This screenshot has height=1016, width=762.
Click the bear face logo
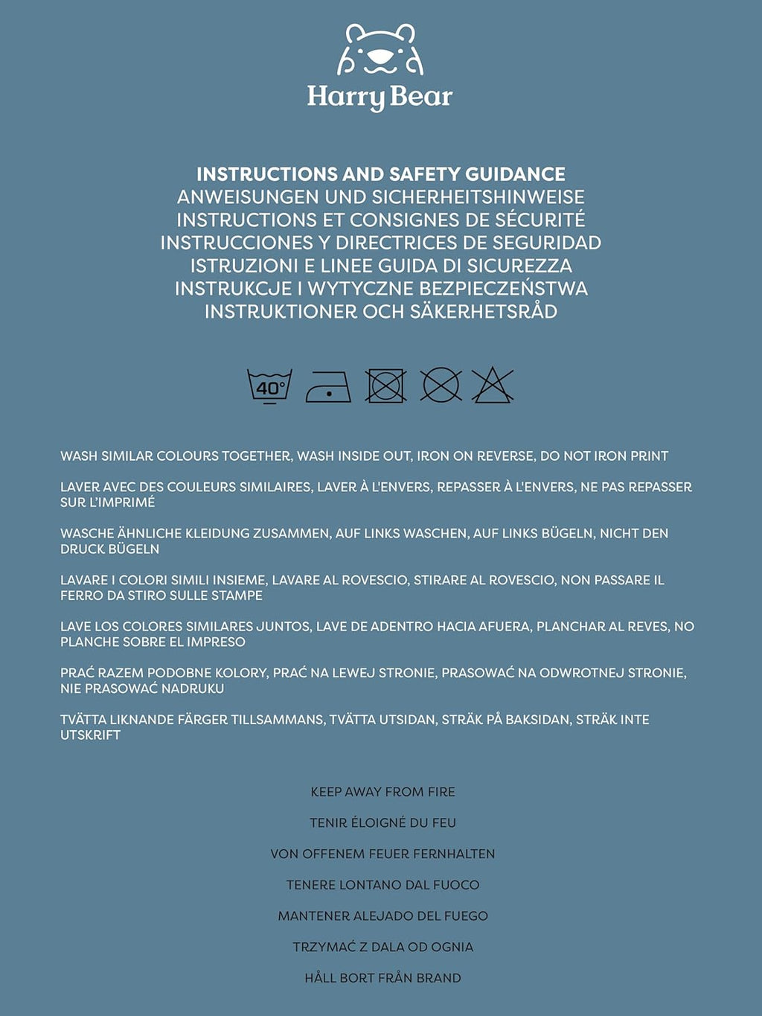click(380, 50)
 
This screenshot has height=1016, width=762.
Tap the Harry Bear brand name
click(380, 97)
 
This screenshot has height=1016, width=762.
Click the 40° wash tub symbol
click(269, 386)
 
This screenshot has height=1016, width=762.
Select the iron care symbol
click(328, 387)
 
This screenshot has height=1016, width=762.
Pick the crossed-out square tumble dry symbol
click(385, 386)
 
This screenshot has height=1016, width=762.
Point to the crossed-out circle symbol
click(441, 386)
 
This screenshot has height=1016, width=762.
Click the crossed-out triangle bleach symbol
click(492, 386)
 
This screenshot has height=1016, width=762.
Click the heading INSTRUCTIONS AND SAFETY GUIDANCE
click(381, 174)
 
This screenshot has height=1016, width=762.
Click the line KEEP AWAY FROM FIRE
click(382, 792)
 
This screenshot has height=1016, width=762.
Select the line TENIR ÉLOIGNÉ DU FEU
click(382, 823)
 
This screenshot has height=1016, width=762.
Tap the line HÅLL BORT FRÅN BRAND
click(382, 978)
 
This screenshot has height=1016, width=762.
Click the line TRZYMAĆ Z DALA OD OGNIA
click(382, 947)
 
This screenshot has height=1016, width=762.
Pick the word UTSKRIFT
click(90, 735)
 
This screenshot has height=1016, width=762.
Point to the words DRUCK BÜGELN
click(109, 549)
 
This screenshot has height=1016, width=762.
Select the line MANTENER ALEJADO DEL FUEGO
click(382, 916)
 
